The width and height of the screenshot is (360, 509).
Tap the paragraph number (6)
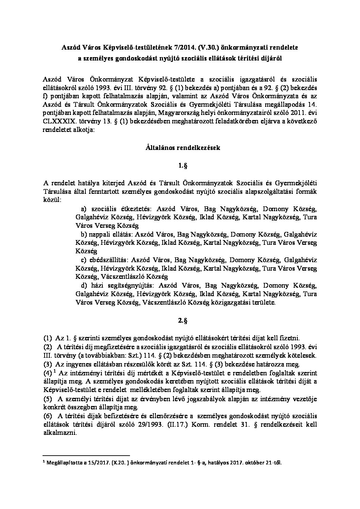click(x=48, y=415)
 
